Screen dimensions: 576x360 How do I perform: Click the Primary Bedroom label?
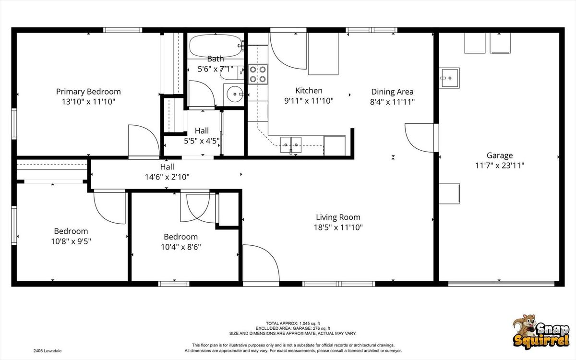88,92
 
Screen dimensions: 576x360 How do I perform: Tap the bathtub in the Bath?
216,46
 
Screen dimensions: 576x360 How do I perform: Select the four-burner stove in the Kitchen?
258,74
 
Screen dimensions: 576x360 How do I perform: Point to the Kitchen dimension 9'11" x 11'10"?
309,101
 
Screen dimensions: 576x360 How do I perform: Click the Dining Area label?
393,92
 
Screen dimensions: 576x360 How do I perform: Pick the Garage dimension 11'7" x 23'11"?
499,165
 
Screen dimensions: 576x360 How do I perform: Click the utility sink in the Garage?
449,78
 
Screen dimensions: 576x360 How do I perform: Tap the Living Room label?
338,217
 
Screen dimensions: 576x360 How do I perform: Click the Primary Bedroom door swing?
144,140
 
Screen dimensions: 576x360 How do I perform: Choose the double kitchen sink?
291,145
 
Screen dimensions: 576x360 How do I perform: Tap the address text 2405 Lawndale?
48,351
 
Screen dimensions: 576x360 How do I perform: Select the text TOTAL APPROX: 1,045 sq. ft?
293,324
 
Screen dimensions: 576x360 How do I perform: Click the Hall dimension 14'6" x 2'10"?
167,177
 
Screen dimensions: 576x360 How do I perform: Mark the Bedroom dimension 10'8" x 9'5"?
71,241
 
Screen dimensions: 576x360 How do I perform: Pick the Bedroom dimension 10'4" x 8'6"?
181,247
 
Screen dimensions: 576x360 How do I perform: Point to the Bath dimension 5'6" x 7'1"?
216,69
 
